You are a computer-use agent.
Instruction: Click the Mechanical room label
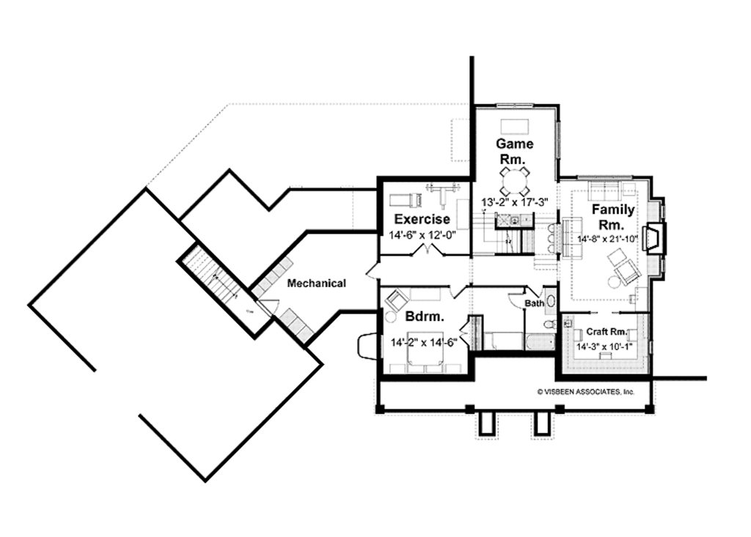pos(316,284)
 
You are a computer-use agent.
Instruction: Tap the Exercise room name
pos(422,219)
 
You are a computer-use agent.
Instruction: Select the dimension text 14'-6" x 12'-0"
pos(422,235)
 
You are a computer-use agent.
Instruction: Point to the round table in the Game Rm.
pos(514,179)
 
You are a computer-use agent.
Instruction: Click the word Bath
pos(535,303)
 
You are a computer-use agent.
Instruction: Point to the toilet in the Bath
pos(548,324)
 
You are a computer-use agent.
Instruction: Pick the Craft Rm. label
pos(607,331)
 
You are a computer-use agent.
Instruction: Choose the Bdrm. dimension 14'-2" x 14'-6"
pos(425,342)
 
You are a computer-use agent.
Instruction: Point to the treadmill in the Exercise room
pos(404,199)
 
